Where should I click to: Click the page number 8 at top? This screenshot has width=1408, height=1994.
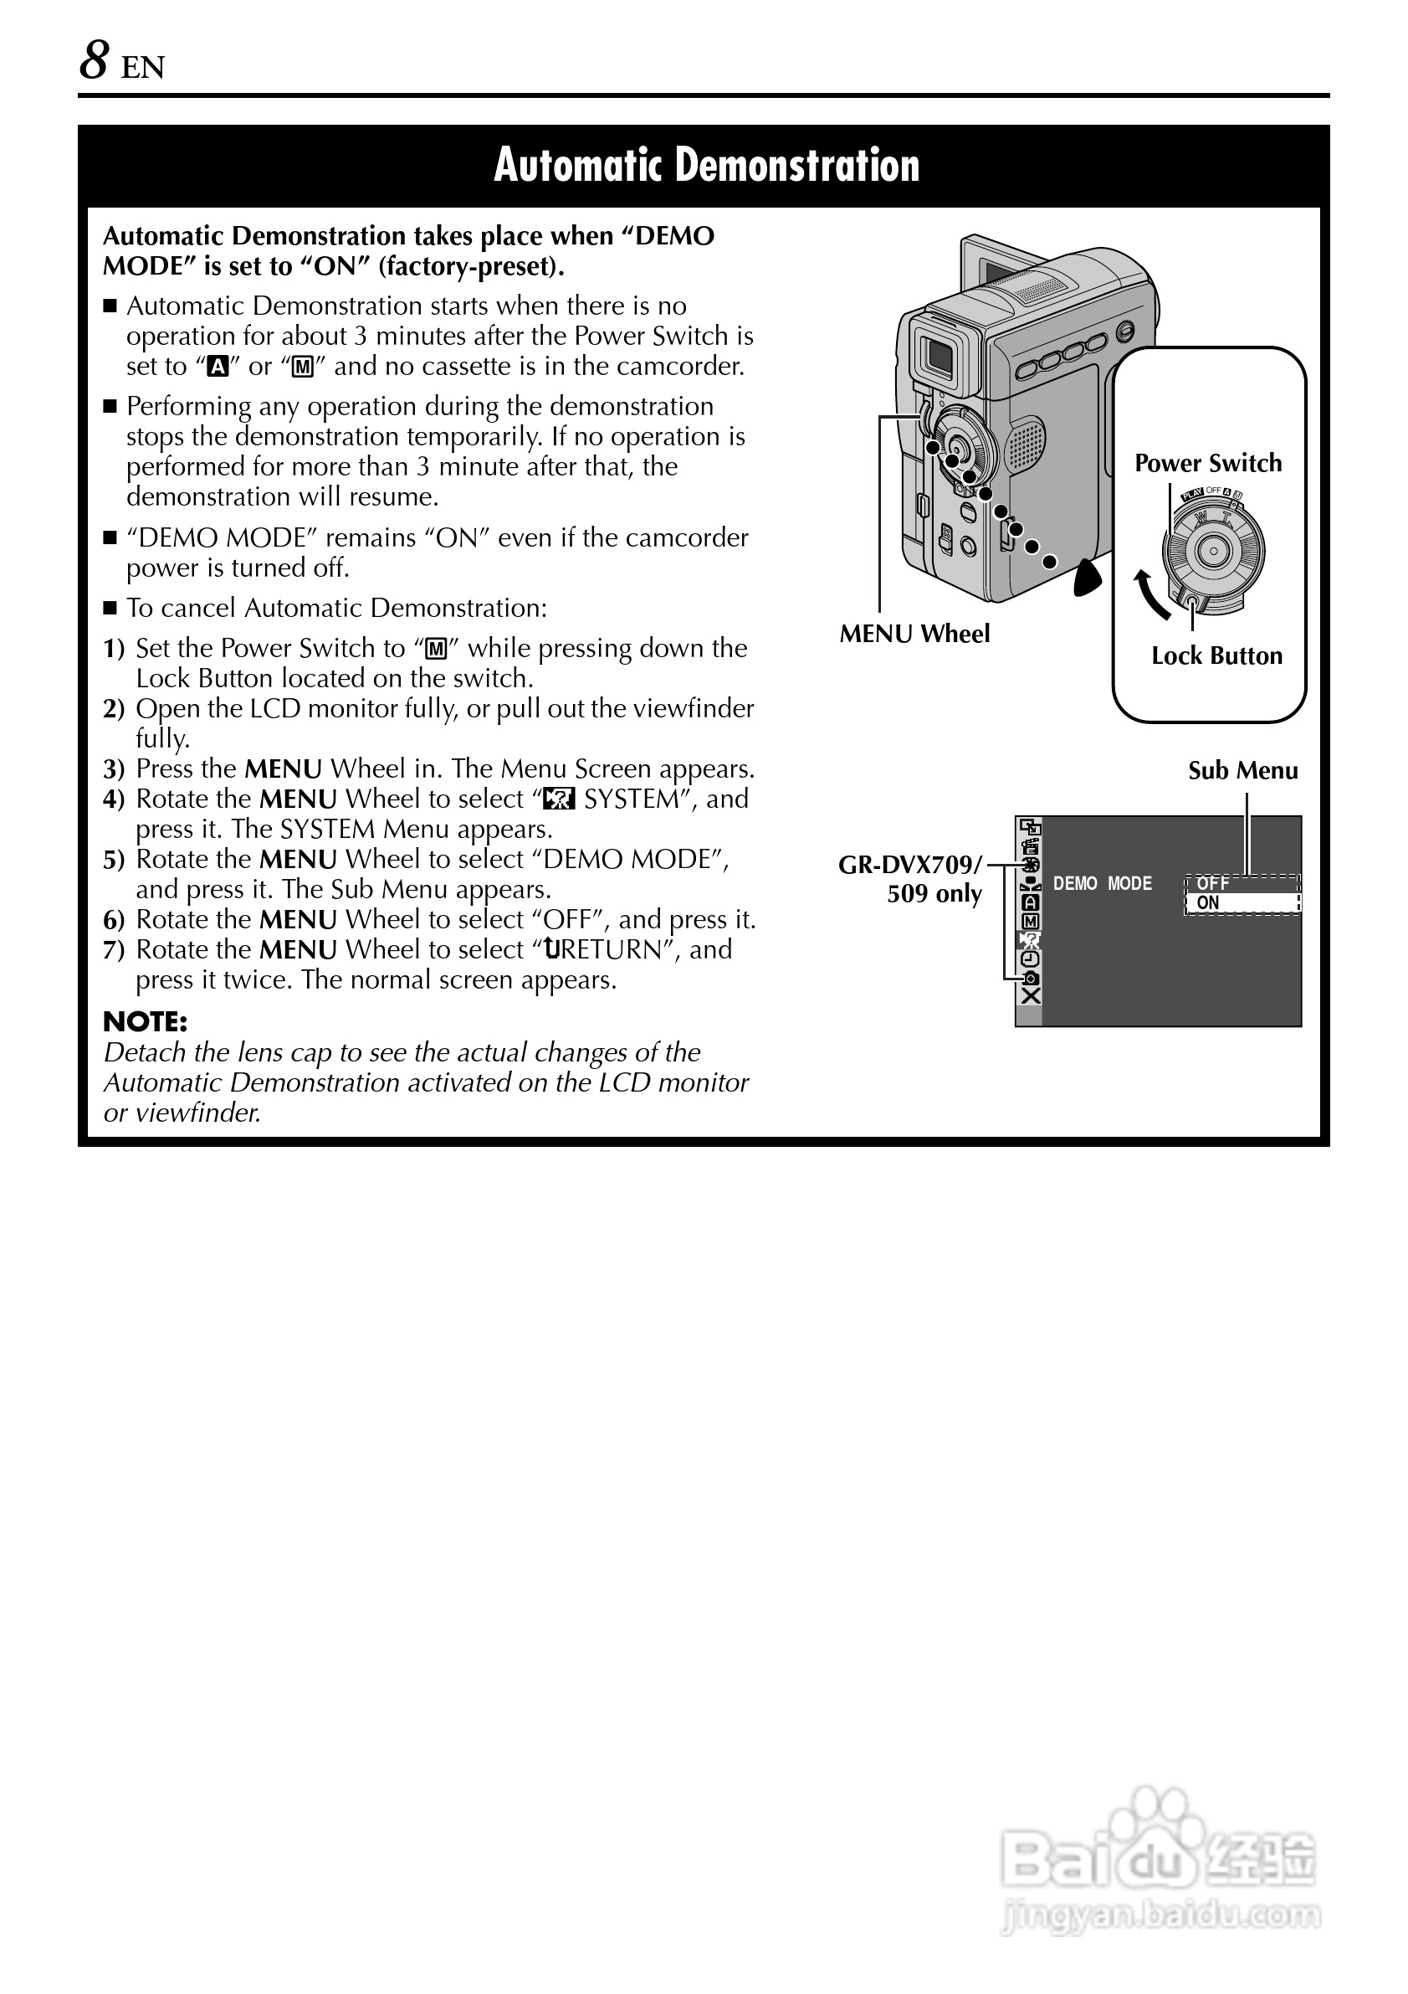click(x=94, y=62)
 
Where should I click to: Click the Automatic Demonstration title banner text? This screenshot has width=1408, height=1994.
click(x=706, y=165)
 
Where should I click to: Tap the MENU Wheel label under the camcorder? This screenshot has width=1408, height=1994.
click(x=914, y=634)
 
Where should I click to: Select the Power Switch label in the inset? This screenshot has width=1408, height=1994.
click(x=1207, y=463)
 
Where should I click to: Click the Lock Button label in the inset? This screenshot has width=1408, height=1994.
click(x=1216, y=655)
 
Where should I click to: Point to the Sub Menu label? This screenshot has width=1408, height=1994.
click(x=1242, y=770)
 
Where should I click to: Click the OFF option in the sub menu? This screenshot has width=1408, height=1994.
click(x=1212, y=883)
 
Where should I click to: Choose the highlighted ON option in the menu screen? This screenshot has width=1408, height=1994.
click(x=1208, y=903)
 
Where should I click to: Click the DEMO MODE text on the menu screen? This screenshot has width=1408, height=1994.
click(x=1102, y=883)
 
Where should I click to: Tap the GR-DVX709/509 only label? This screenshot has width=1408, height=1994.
click(x=911, y=878)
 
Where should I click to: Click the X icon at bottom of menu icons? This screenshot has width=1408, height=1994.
click(x=1031, y=996)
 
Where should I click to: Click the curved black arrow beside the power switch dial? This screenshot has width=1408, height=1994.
click(x=1152, y=595)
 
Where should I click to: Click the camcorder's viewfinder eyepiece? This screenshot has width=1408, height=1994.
click(x=938, y=354)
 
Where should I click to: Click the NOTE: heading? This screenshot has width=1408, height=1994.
click(x=145, y=1021)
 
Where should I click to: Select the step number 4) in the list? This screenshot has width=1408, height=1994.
click(x=114, y=799)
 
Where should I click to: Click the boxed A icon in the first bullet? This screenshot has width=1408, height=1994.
click(x=218, y=367)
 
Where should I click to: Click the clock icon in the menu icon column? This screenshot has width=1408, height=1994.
click(x=1031, y=958)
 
